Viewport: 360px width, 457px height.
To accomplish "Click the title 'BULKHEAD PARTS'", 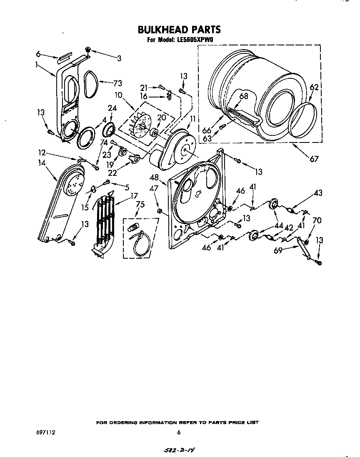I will tap(179, 30).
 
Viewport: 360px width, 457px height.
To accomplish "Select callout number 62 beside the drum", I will tap(314, 87).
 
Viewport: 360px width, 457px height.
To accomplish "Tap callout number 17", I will tap(134, 195).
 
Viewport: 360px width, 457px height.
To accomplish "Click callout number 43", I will tap(318, 193).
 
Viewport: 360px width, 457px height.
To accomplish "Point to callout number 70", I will tap(317, 220).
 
